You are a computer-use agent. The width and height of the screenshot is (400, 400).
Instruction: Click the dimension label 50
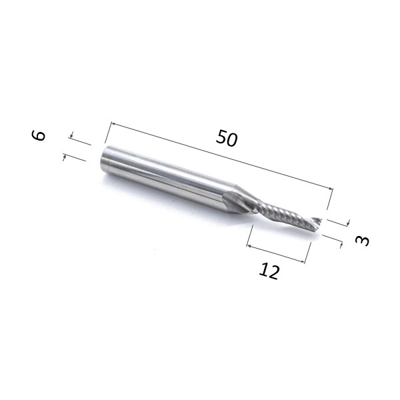tap(227, 138)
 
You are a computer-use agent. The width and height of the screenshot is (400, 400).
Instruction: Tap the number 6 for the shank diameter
tap(39, 135)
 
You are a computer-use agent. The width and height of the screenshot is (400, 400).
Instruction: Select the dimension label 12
tap(269, 271)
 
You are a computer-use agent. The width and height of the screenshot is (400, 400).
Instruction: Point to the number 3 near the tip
tap(362, 241)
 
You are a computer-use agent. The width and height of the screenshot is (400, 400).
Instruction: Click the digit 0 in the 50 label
tap(232, 140)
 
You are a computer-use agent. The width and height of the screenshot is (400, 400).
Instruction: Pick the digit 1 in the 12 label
tap(263, 269)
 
